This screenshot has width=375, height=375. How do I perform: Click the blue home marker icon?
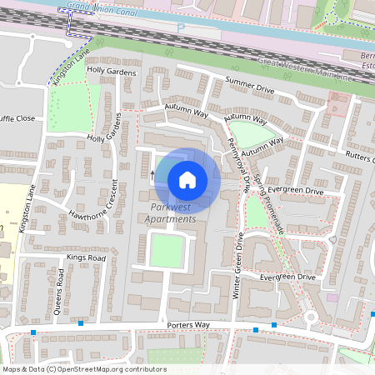(187, 179)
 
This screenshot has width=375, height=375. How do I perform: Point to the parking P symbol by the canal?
(182, 27)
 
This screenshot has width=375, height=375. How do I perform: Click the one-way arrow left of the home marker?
(152, 175)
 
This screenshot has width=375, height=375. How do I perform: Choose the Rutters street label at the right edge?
(359, 156)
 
